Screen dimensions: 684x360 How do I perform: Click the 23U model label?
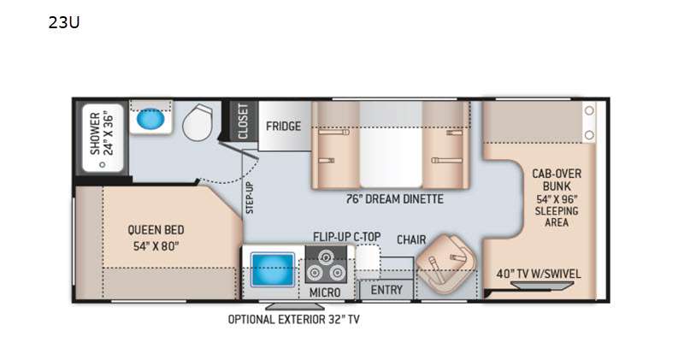click(63, 22)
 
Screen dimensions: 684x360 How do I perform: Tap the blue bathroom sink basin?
click(150, 119)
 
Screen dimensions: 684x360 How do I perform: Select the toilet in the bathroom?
click(198, 122)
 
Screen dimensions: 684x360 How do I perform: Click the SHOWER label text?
click(95, 133)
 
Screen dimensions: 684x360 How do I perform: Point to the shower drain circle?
click(103, 164)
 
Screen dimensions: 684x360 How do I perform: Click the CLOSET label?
click(243, 121)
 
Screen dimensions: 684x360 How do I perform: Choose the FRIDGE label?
click(284, 126)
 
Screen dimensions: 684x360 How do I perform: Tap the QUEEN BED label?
click(156, 229)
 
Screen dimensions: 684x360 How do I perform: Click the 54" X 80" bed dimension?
click(156, 246)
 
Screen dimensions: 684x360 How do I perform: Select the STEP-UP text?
click(250, 198)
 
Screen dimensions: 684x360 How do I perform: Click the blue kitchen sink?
click(273, 269)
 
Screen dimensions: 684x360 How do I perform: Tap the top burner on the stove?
click(325, 257)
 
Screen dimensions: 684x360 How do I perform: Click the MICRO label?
click(325, 292)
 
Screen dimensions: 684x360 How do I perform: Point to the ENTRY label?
click(386, 290)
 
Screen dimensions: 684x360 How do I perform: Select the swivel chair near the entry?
click(446, 263)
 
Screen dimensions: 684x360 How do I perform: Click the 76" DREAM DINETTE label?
click(394, 199)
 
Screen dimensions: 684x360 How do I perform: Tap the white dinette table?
click(391, 157)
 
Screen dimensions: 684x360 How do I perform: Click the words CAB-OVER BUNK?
click(557, 180)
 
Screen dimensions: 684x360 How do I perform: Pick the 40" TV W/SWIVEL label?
click(539, 274)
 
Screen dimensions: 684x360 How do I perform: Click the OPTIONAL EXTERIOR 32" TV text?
click(294, 320)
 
